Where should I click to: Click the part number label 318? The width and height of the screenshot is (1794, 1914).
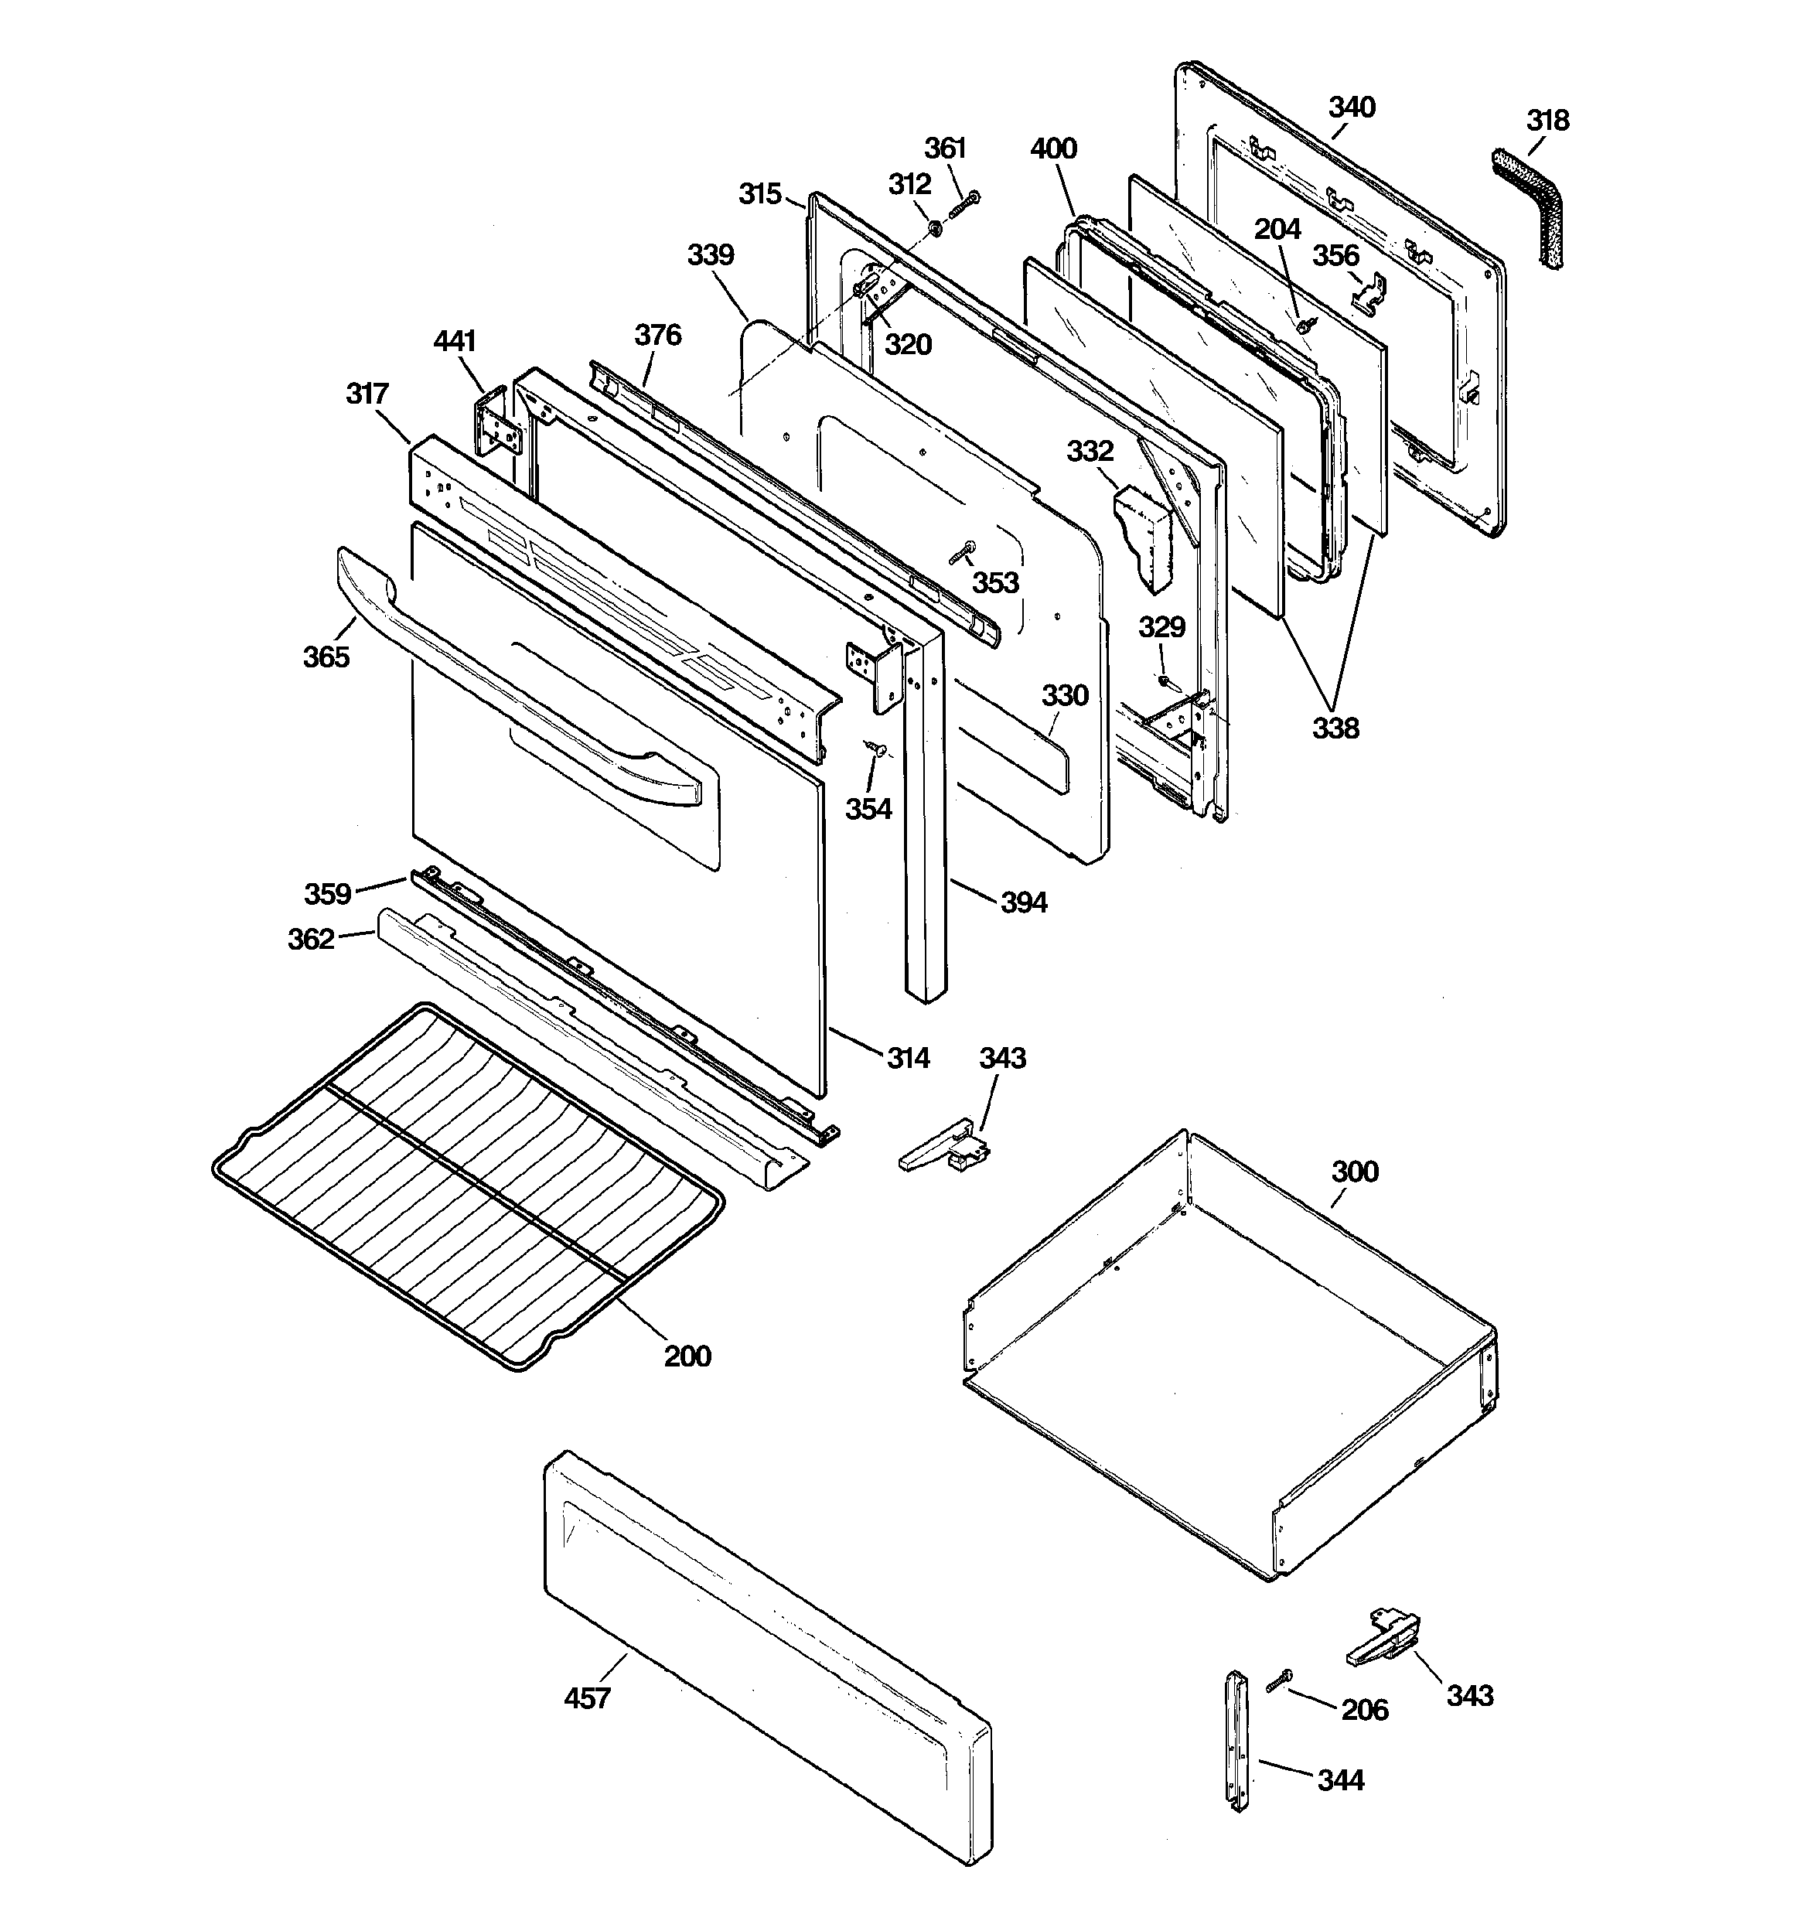[1547, 121]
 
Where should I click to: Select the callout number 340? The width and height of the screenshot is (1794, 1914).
[1352, 107]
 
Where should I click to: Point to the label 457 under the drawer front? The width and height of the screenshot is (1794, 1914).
[586, 1697]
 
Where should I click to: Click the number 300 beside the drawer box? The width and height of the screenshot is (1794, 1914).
[1354, 1172]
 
